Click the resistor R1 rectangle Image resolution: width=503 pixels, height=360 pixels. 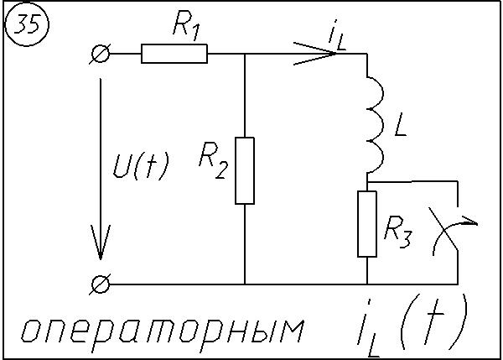174,55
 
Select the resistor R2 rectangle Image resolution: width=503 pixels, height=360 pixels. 245,170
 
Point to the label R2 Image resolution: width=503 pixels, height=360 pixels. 213,160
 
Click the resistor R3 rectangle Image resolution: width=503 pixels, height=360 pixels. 367,223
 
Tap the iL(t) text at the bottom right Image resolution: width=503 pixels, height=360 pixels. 411,323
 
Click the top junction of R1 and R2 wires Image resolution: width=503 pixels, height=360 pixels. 245,55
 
